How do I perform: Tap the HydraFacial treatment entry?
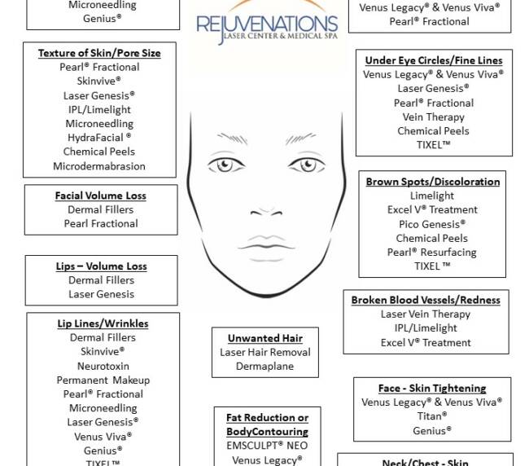pos(100,138)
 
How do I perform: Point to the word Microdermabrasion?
pos(99,166)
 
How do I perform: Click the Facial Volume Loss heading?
pos(101,196)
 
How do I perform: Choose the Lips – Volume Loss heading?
pos(102,266)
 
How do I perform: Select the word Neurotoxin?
pos(103,366)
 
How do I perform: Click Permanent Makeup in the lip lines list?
pos(103,380)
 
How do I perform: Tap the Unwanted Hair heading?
pos(265,338)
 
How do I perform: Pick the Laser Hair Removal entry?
pos(265,353)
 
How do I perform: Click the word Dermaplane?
pos(265,367)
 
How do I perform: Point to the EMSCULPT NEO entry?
pos(267,446)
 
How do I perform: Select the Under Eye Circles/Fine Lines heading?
pos(434,60)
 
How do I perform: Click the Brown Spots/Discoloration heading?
pos(432,182)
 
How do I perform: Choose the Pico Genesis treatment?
pos(432,224)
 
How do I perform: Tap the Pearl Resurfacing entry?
pos(432,252)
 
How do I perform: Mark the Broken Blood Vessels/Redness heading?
pos(426,300)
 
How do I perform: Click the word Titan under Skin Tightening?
pos(432,416)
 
